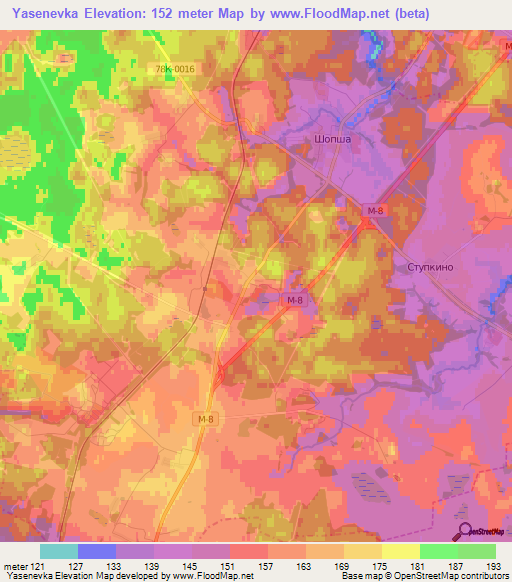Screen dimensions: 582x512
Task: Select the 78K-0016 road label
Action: [x=176, y=69]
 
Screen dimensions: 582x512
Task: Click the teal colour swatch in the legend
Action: [x=58, y=551]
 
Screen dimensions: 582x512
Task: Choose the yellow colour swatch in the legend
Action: [x=400, y=551]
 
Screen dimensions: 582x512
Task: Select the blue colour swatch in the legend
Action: [x=96, y=551]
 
